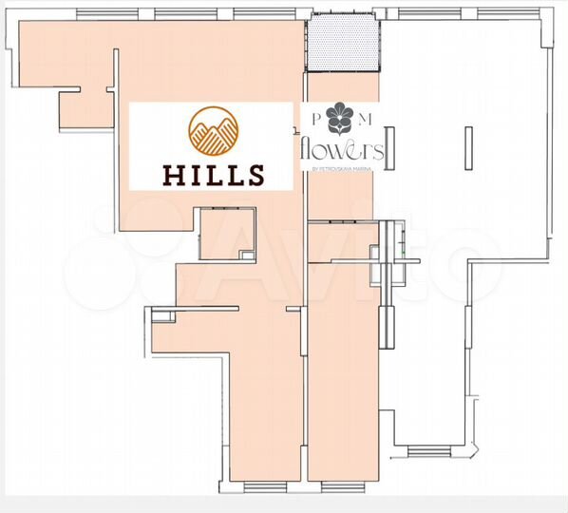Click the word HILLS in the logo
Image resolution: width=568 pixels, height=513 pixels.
213,174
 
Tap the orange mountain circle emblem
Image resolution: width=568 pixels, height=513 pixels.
213,131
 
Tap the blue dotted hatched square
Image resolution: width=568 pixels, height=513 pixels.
343,45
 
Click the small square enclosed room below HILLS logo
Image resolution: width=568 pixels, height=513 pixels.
228,234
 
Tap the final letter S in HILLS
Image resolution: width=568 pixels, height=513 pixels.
254,174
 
